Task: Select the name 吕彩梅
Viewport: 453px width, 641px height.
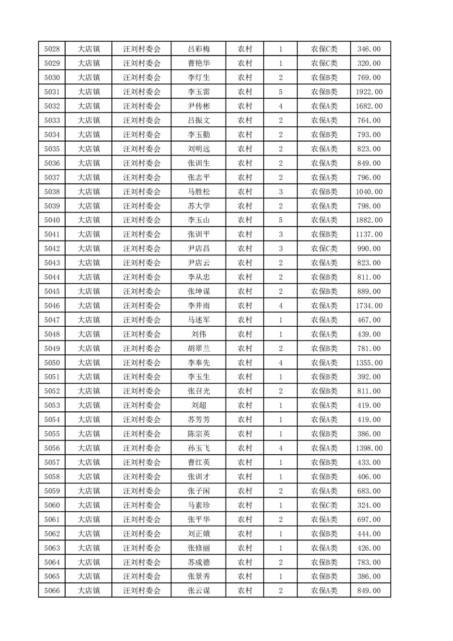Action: click(198, 49)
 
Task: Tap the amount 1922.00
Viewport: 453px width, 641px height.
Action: click(369, 92)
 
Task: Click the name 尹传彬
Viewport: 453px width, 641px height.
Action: click(198, 106)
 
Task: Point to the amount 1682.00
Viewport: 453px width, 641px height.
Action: click(369, 106)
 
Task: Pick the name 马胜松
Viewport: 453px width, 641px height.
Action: click(198, 191)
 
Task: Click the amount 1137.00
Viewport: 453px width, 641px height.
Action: click(369, 234)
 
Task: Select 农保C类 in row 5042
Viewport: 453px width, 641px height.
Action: click(324, 249)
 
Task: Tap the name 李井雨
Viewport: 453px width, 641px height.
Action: click(198, 306)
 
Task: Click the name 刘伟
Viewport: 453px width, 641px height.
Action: click(198, 334)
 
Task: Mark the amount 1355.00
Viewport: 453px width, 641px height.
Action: click(369, 363)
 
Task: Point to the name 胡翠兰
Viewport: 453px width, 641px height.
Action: click(198, 348)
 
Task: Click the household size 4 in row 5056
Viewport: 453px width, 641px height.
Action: click(280, 448)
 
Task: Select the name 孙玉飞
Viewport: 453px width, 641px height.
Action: click(198, 448)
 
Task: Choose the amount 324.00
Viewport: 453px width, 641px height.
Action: click(369, 505)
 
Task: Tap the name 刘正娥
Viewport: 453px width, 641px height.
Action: click(198, 534)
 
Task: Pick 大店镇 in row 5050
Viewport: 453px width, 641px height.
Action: click(89, 363)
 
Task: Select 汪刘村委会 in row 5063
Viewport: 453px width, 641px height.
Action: click(142, 548)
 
